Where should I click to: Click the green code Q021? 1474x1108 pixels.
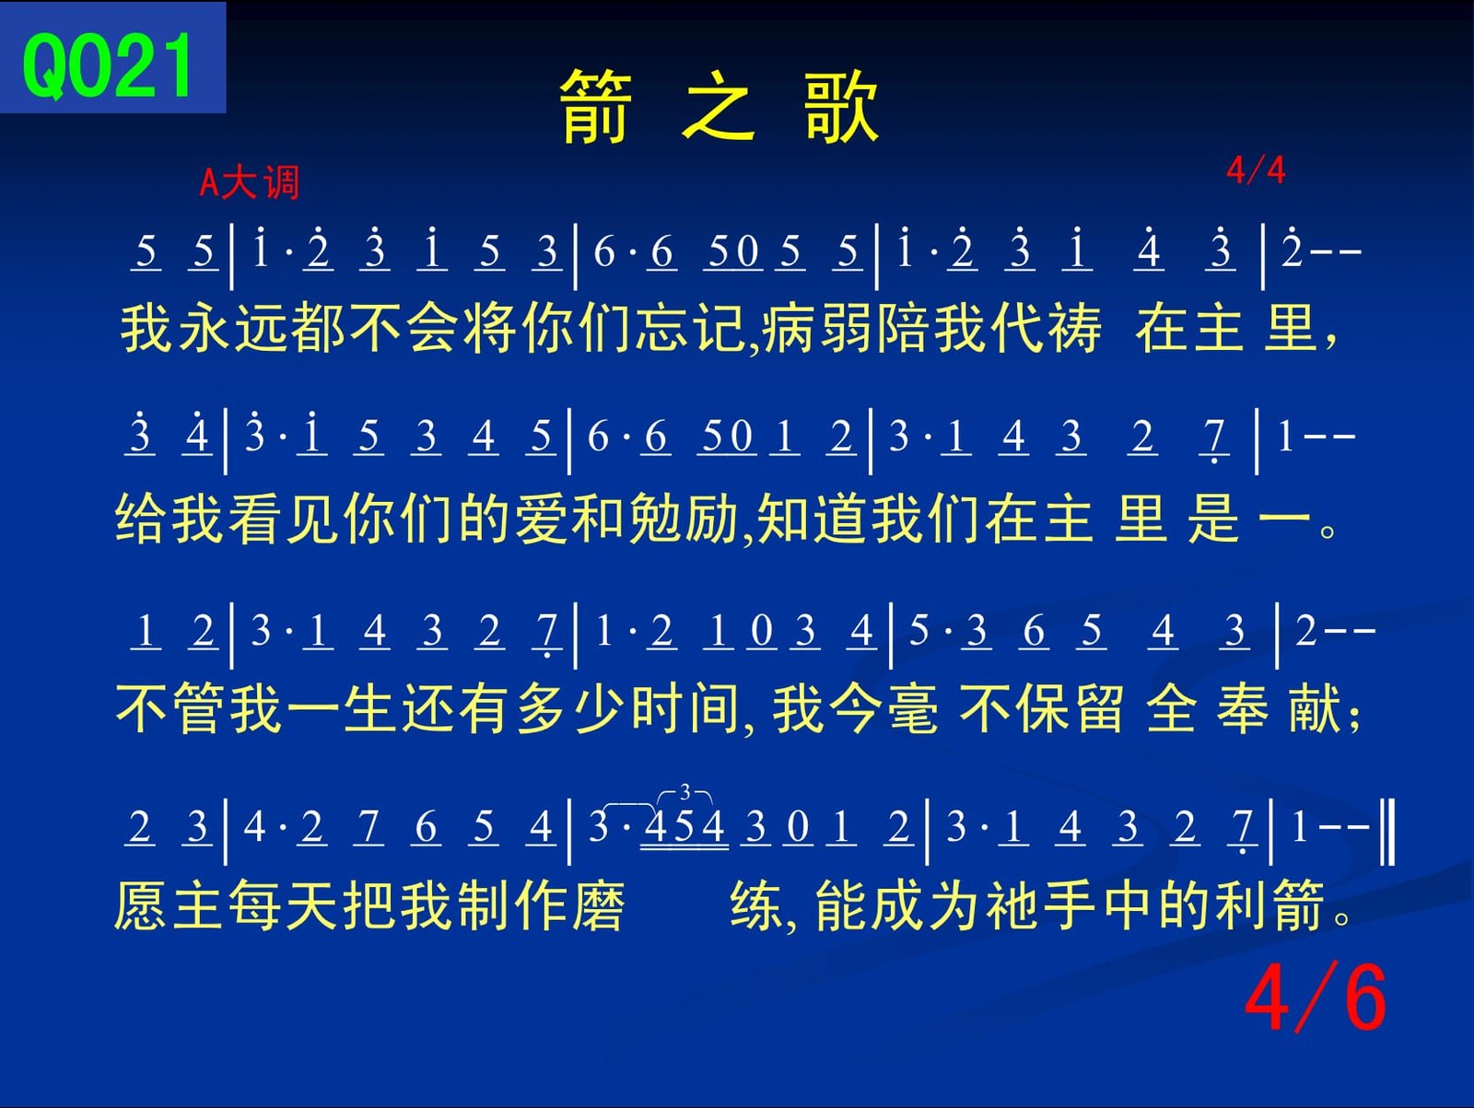pos(108,65)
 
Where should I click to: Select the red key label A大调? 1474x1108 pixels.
pos(249,182)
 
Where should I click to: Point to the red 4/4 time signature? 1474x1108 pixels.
pos(1256,169)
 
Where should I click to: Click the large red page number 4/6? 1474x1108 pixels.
pos(1315,998)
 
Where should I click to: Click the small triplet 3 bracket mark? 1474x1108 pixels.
pos(685,794)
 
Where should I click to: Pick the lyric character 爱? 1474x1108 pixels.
pos(542,518)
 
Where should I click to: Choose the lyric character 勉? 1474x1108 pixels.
pos(656,518)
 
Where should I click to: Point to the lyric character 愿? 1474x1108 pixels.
pos(140,905)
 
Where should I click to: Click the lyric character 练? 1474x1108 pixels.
pos(757,905)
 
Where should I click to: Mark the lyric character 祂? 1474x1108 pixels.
pos(1013,905)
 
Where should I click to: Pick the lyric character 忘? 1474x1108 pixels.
pos(662,328)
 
